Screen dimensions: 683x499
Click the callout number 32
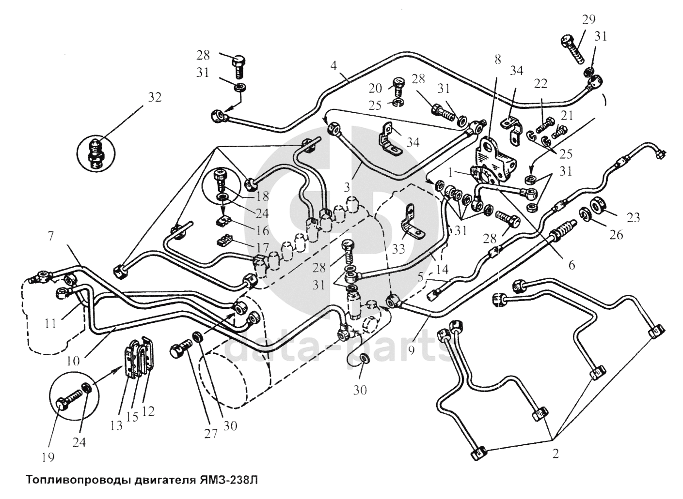(155, 97)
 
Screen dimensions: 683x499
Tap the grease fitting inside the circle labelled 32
(96, 155)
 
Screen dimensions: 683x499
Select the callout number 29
(589, 20)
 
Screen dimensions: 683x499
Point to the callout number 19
(48, 457)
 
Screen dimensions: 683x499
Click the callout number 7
(51, 236)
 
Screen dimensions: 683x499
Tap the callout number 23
(633, 218)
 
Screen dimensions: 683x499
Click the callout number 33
(398, 249)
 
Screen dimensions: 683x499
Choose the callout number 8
(498, 60)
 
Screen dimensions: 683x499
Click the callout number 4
(334, 65)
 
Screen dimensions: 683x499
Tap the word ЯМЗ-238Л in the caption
(229, 481)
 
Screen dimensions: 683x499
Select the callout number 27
(211, 433)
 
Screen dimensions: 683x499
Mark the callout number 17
(263, 247)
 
